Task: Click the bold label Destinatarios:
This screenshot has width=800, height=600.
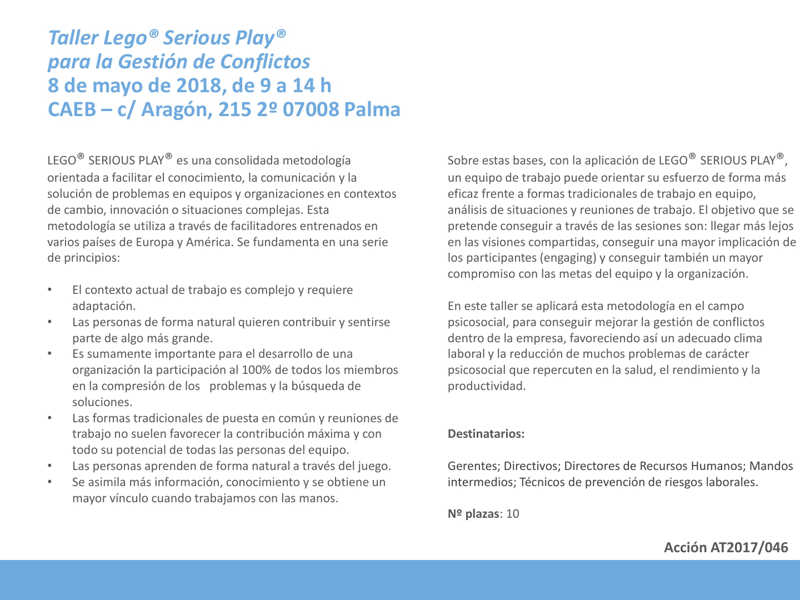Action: (x=486, y=434)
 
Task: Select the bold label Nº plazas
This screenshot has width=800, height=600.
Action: (x=473, y=514)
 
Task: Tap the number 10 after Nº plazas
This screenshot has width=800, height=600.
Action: (x=513, y=514)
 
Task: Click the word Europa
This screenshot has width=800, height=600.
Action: (x=151, y=242)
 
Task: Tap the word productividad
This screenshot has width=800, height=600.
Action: (x=486, y=386)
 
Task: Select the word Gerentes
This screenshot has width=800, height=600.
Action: (x=473, y=466)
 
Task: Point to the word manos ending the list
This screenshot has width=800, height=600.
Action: (x=319, y=498)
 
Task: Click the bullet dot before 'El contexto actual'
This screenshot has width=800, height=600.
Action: (x=49, y=290)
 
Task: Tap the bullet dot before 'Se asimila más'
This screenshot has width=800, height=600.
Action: (x=49, y=482)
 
